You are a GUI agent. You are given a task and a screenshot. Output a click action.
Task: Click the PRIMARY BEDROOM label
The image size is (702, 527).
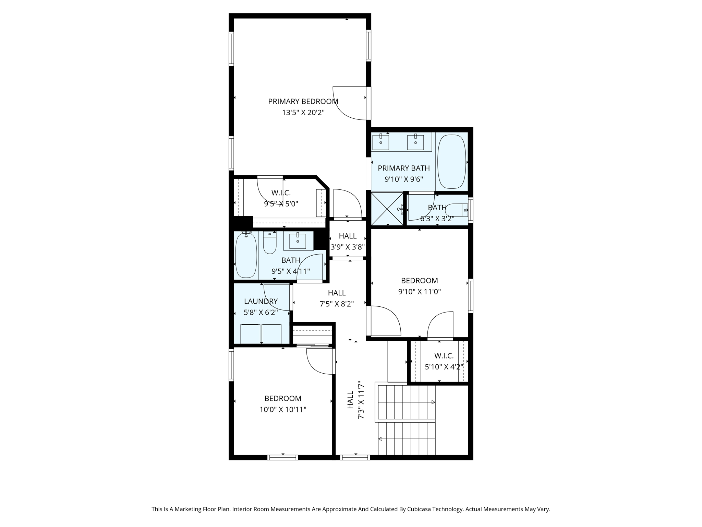(x=303, y=102)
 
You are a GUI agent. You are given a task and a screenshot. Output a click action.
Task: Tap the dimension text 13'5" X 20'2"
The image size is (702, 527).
(x=303, y=113)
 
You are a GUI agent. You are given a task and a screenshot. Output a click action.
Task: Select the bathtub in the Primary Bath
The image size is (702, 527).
(x=452, y=162)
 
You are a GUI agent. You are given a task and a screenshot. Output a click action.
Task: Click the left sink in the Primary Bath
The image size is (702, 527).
(x=380, y=142)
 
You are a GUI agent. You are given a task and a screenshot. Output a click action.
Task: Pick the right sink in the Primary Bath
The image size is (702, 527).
(x=415, y=142)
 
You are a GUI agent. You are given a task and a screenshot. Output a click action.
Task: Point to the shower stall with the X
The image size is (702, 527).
(x=387, y=209)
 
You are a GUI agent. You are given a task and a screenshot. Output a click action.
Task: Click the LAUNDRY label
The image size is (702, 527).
(x=261, y=301)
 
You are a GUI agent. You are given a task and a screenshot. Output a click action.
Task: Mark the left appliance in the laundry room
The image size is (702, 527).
(x=250, y=333)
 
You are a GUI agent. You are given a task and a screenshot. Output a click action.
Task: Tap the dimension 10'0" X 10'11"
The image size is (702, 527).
(x=283, y=409)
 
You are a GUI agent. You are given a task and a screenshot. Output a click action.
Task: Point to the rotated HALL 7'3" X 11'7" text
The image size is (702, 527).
(x=355, y=400)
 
